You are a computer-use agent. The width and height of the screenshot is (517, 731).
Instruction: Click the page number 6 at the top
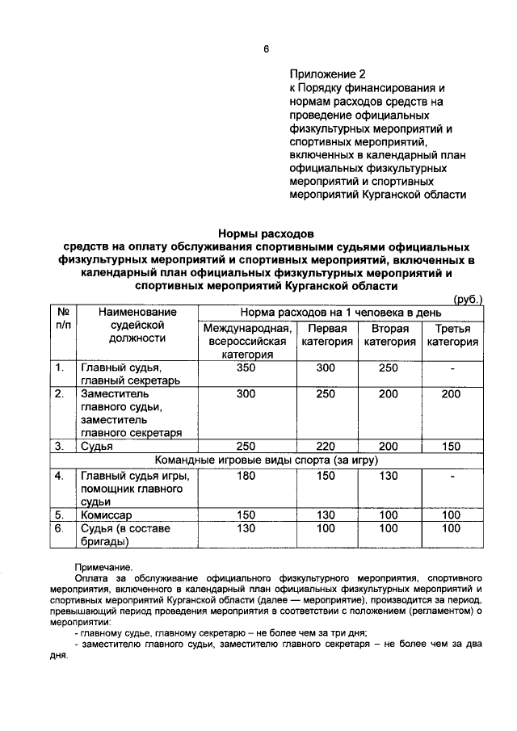tap(265, 48)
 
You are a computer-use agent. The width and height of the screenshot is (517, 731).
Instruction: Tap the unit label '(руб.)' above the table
tap(469, 299)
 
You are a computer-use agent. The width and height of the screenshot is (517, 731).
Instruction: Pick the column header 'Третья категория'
tap(452, 335)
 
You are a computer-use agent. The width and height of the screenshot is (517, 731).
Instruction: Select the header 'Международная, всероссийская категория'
tap(247, 342)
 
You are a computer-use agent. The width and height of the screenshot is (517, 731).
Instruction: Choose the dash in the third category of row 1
tap(452, 368)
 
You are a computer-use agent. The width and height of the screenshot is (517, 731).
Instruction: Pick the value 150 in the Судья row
tap(452, 446)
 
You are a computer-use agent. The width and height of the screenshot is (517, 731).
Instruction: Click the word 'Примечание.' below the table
tap(103, 568)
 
